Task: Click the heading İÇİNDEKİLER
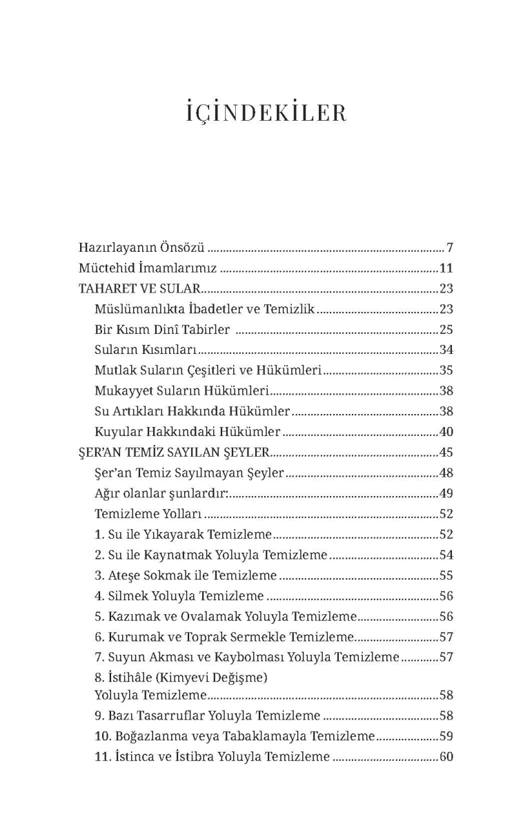(266, 113)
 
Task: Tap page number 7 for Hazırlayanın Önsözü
(449, 247)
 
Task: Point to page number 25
(446, 330)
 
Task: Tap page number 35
(446, 371)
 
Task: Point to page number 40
(446, 432)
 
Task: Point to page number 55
(446, 575)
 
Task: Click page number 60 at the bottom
(446, 757)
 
